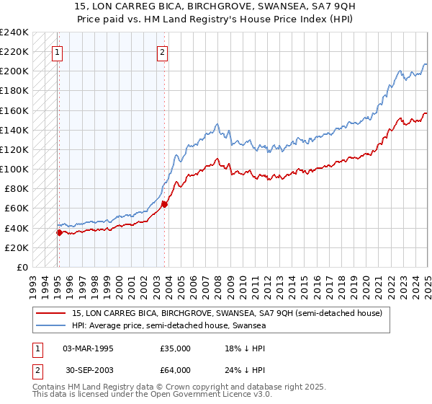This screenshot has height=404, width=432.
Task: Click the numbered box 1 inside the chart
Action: pyautogui.click(x=57, y=51)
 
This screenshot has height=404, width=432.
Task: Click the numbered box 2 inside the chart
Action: pyautogui.click(x=163, y=51)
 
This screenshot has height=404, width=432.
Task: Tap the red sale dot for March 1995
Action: pyautogui.click(x=59, y=232)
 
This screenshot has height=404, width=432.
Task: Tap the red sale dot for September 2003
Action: pyautogui.click(x=165, y=204)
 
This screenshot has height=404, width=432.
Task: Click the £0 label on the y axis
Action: pyautogui.click(x=22, y=267)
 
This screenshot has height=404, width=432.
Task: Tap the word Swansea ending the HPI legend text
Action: pyautogui.click(x=250, y=325)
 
